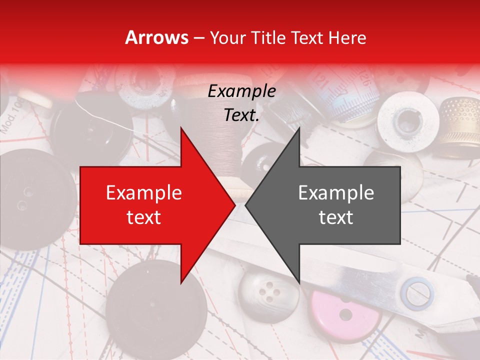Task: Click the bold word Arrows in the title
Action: point(157,37)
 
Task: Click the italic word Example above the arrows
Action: point(241,91)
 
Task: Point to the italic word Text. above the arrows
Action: point(241,115)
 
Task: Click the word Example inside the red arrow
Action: point(144,192)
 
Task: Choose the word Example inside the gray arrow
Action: point(336,192)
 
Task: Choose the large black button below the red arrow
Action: point(156,305)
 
